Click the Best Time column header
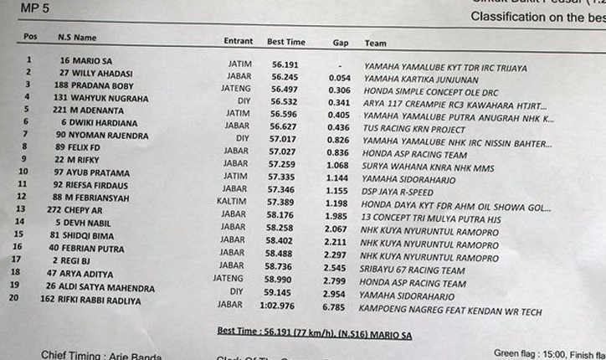point(286,41)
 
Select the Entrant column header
point(239,41)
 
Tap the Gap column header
point(340,42)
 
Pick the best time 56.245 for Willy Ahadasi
point(284,74)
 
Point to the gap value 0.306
point(339,89)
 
